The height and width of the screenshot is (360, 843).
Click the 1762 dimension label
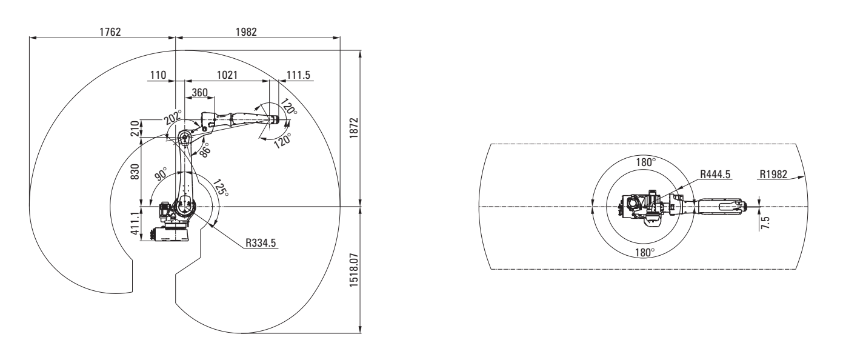pos(110,32)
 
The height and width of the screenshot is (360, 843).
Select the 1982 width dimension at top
pos(246,32)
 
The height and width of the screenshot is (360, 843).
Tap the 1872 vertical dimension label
pos(354,128)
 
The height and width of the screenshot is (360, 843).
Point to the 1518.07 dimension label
pos(354,270)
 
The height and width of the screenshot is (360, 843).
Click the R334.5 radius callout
pos(261,243)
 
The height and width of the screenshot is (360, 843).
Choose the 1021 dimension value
pos(227,75)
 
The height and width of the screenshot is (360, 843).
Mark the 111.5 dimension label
pos(298,75)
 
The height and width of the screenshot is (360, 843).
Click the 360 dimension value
pos(199,93)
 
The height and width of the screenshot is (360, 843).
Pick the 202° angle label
pos(173,117)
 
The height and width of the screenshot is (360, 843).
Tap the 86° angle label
pos(204,150)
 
